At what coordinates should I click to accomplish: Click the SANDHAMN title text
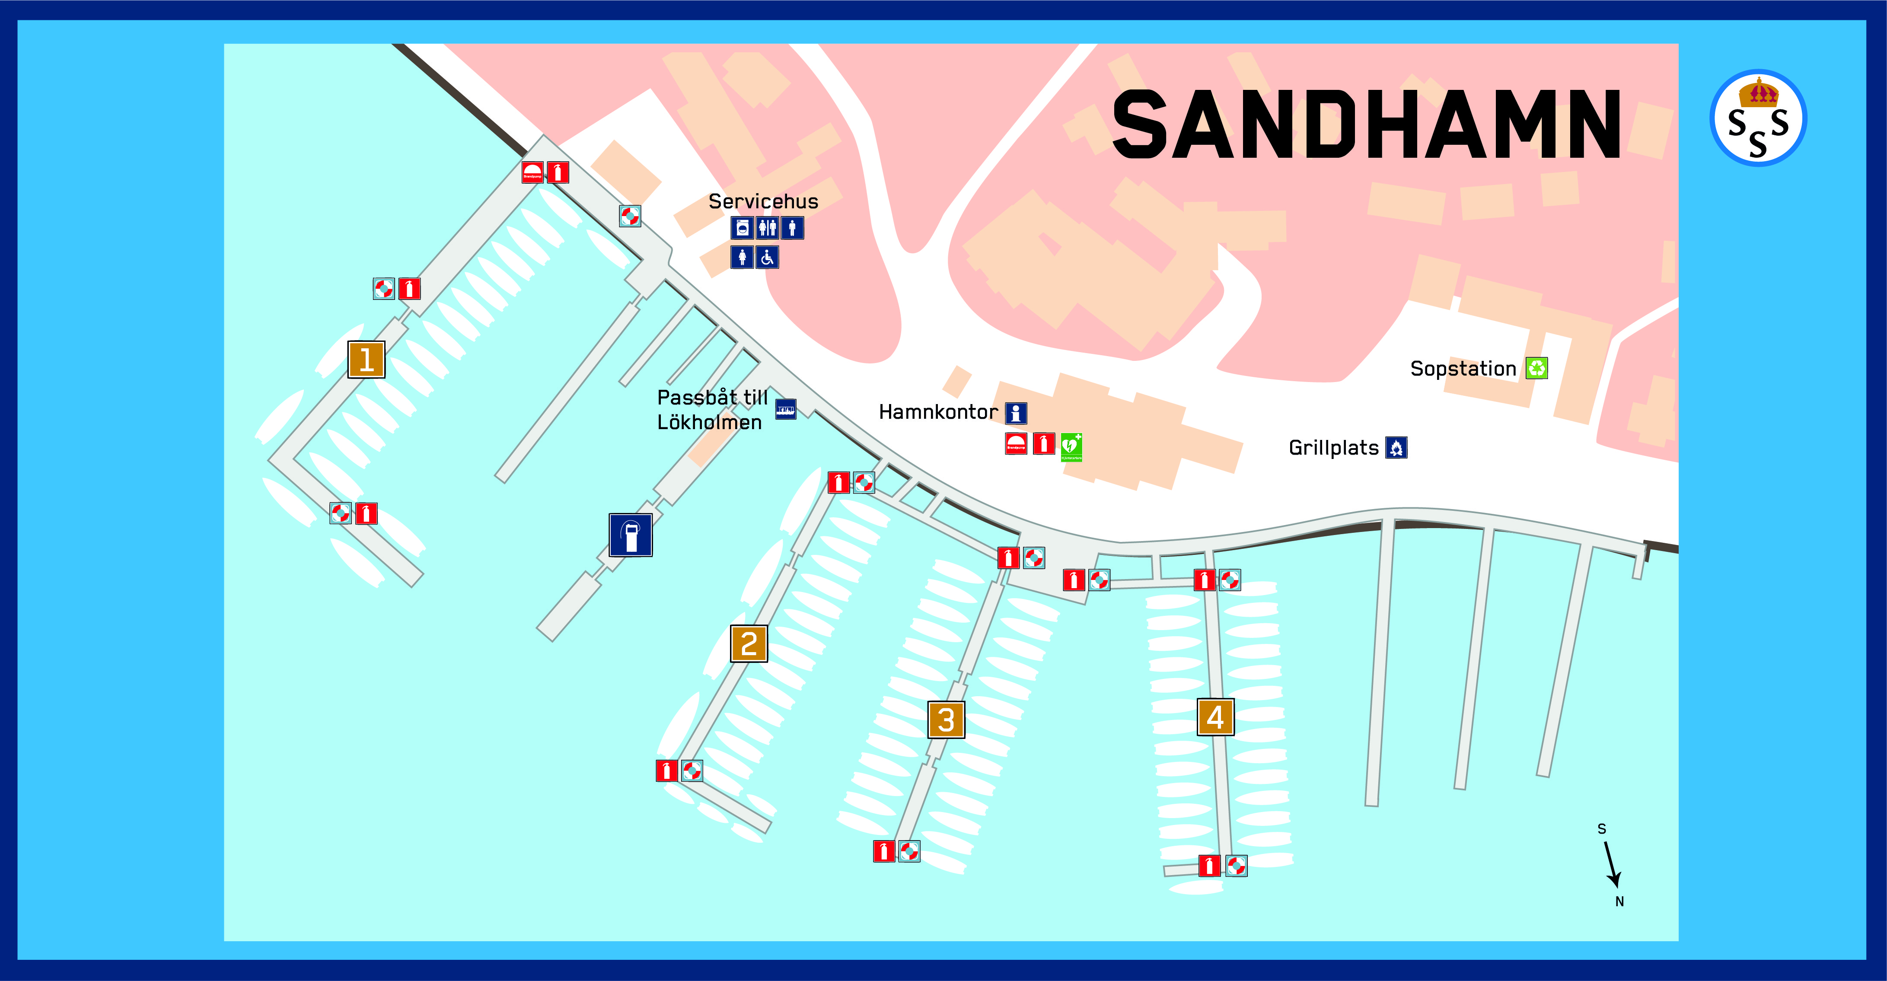tap(1366, 124)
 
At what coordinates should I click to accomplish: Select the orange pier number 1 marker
tap(366, 360)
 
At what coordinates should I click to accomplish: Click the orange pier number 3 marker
tap(946, 720)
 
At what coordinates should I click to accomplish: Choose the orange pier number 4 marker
tap(1215, 717)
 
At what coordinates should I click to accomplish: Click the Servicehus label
tap(762, 201)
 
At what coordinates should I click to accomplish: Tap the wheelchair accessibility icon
tap(767, 257)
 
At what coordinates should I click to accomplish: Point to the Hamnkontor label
tap(937, 412)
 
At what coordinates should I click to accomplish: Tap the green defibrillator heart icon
tap(1071, 446)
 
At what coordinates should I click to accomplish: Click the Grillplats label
tap(1333, 448)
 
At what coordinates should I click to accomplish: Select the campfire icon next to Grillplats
tap(1396, 448)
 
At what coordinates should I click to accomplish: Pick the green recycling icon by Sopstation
tap(1536, 368)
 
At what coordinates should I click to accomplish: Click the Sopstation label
tap(1463, 369)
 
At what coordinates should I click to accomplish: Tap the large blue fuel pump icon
tap(631, 535)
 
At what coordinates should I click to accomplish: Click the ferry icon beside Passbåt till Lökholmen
tap(785, 409)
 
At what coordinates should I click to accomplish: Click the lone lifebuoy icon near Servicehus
tap(630, 216)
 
